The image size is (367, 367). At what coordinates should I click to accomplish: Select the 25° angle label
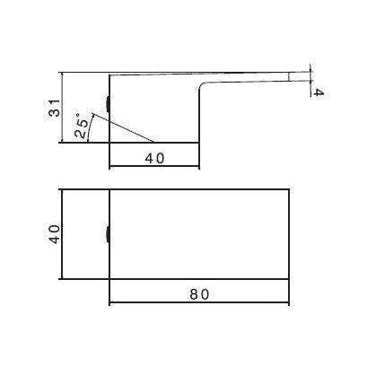pyautogui.click(x=83, y=126)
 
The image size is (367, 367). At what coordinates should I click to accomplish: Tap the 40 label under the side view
pyautogui.click(x=154, y=159)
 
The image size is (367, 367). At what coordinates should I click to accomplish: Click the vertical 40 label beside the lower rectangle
pyautogui.click(x=53, y=235)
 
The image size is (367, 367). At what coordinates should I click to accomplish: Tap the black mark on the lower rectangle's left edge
pyautogui.click(x=108, y=235)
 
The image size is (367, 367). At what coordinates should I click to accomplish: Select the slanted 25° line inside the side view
pyautogui.click(x=135, y=131)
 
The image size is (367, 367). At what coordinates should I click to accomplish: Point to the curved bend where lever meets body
pyautogui.click(x=203, y=87)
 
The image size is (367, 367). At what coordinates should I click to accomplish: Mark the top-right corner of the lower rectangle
pyautogui.click(x=287, y=190)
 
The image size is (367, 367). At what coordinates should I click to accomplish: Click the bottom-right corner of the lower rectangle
pyautogui.click(x=287, y=278)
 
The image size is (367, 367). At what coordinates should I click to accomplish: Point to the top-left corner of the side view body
pyautogui.click(x=109, y=74)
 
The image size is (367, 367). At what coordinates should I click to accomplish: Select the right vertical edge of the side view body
pyautogui.click(x=198, y=117)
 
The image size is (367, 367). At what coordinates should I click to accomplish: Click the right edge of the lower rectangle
pyautogui.click(x=287, y=235)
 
